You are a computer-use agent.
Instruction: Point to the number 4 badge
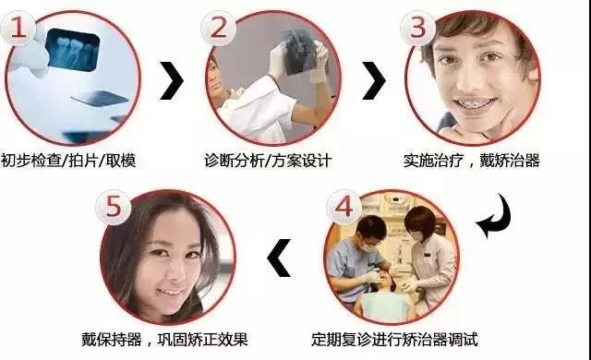tap(343, 209)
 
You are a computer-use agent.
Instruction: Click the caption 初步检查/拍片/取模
tap(70, 160)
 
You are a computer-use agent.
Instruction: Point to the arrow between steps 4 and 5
tap(278, 259)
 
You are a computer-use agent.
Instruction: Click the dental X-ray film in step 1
tap(74, 50)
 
